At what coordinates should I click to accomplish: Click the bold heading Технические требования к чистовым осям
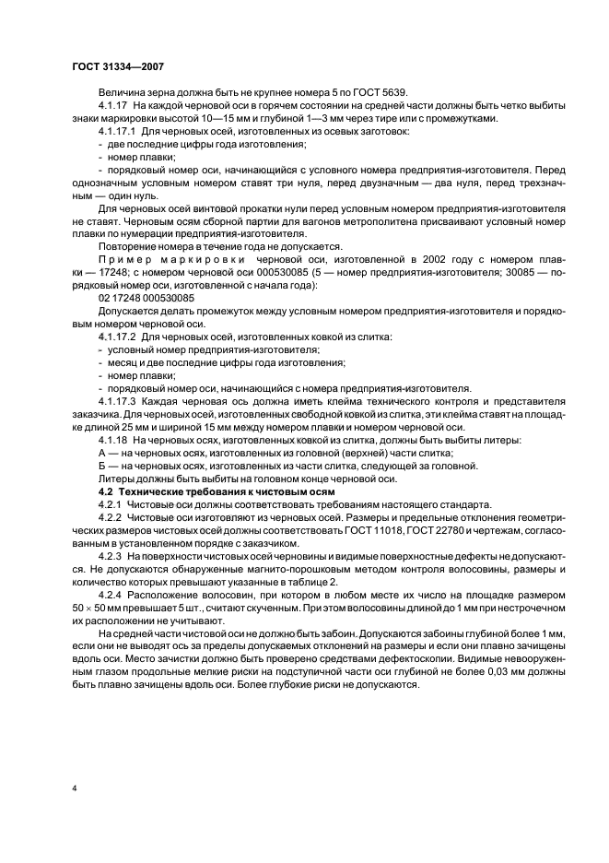tap(234, 492)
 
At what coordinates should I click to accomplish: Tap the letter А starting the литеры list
tap(101, 455)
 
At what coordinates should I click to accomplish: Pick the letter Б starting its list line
tap(101, 467)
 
